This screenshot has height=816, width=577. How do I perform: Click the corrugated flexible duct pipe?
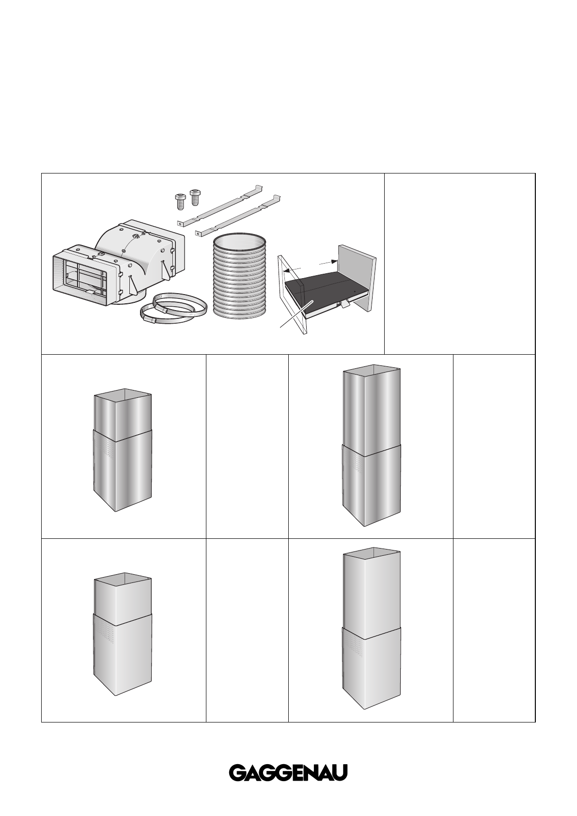pyautogui.click(x=239, y=277)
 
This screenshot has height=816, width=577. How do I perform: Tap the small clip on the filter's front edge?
pyautogui.click(x=344, y=303)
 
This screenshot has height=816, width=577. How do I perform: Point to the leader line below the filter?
pyautogui.click(x=295, y=315)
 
